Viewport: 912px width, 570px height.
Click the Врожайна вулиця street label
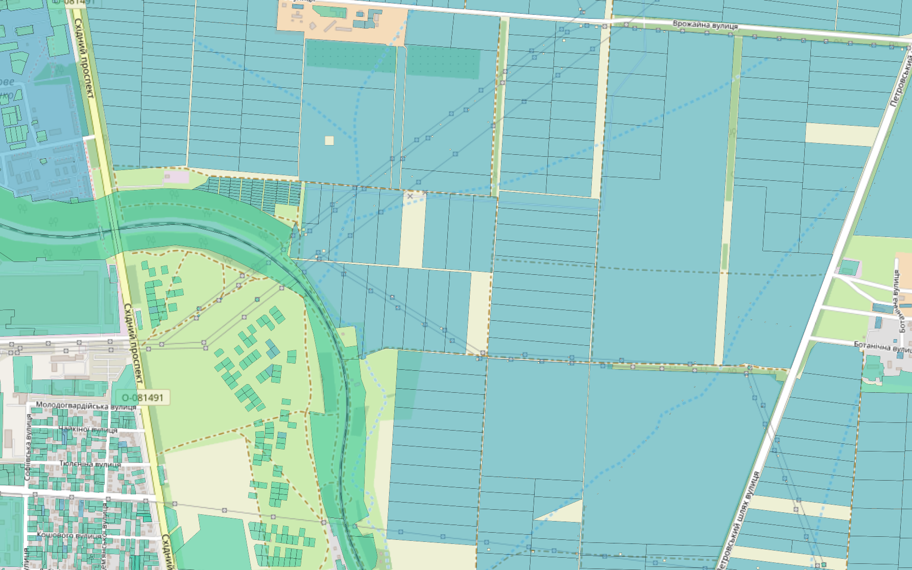point(705,25)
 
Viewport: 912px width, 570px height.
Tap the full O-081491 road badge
point(142,397)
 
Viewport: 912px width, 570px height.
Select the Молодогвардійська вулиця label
point(86,406)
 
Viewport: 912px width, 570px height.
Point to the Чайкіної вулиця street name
point(88,430)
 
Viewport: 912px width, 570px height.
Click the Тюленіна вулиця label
point(90,464)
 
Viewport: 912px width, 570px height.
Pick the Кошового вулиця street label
point(69,535)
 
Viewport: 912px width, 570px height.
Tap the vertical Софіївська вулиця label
point(28,447)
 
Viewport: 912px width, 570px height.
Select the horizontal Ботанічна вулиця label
point(882,347)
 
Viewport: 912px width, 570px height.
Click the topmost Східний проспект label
point(84,59)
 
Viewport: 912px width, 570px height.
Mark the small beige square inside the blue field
point(329,140)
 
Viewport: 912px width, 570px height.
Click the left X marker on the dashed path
point(410,196)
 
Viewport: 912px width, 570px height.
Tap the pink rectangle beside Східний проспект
point(176,177)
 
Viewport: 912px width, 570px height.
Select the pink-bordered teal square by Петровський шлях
point(849,268)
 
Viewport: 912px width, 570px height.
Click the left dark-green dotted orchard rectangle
point(350,56)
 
